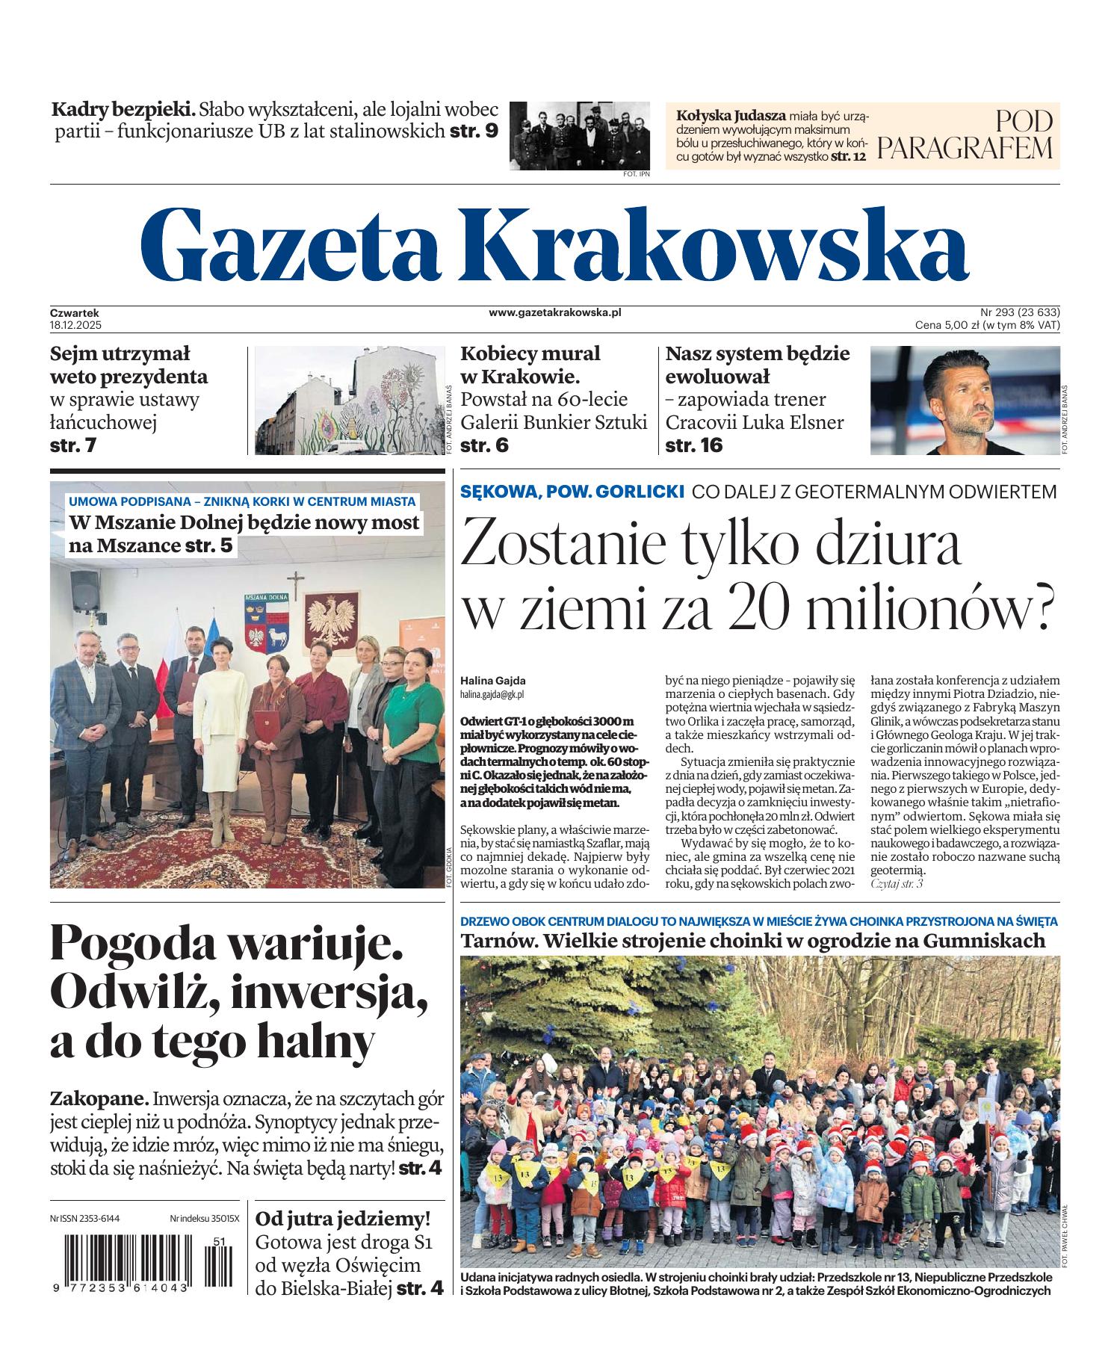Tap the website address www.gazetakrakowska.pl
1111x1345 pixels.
554,313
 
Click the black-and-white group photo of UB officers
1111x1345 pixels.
580,134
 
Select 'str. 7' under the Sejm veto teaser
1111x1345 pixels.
73,445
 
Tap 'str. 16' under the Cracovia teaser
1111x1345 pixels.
694,445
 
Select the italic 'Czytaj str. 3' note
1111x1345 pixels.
897,884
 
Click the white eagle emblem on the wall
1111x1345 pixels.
330,622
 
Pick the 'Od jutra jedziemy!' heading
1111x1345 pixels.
343,1219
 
